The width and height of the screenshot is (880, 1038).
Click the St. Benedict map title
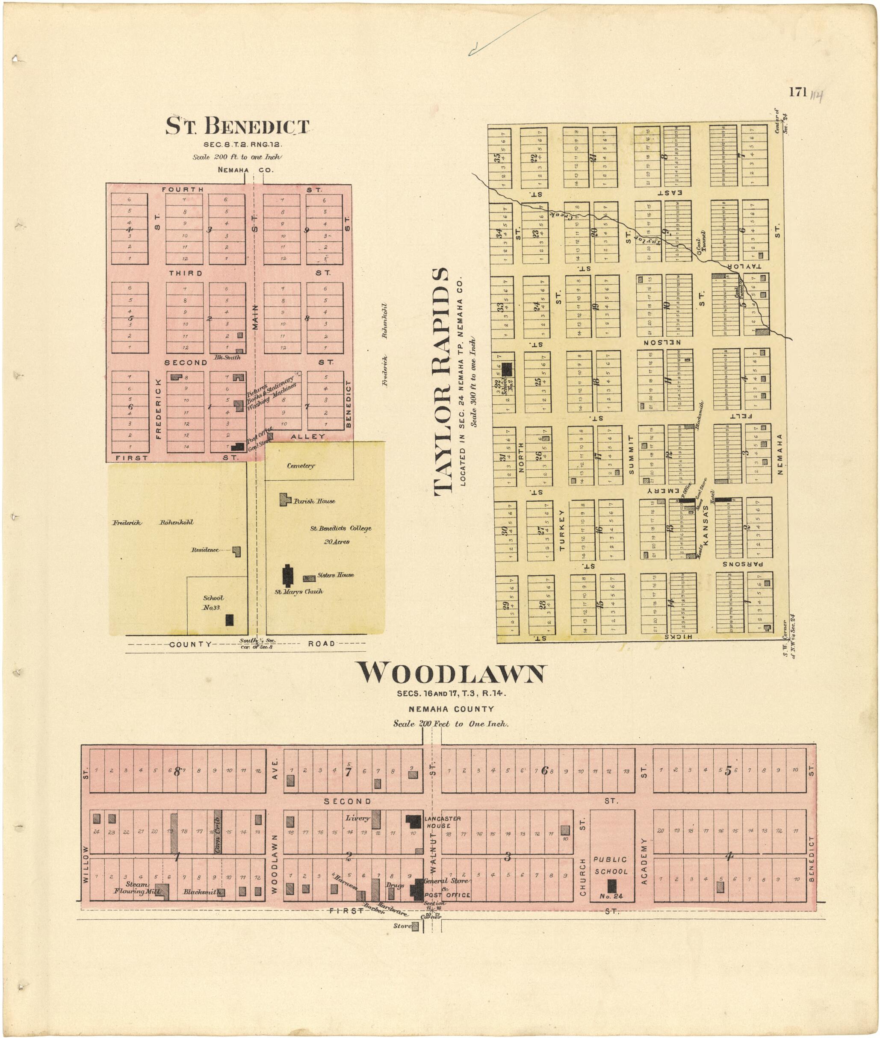(237, 126)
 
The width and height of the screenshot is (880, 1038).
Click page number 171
(798, 92)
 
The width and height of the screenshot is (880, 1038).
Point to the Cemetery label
(301, 466)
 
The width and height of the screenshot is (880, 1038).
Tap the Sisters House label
(335, 575)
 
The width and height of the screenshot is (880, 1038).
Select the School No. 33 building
(230, 620)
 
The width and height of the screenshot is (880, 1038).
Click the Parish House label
(314, 501)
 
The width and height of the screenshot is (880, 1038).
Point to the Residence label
(205, 550)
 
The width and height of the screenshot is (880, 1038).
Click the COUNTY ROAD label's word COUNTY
(191, 644)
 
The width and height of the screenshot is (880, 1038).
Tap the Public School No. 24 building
(611, 886)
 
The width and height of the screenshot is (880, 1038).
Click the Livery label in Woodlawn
(357, 818)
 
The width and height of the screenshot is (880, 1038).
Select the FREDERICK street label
(159, 409)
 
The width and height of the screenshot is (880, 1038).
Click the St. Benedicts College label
(341, 529)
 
